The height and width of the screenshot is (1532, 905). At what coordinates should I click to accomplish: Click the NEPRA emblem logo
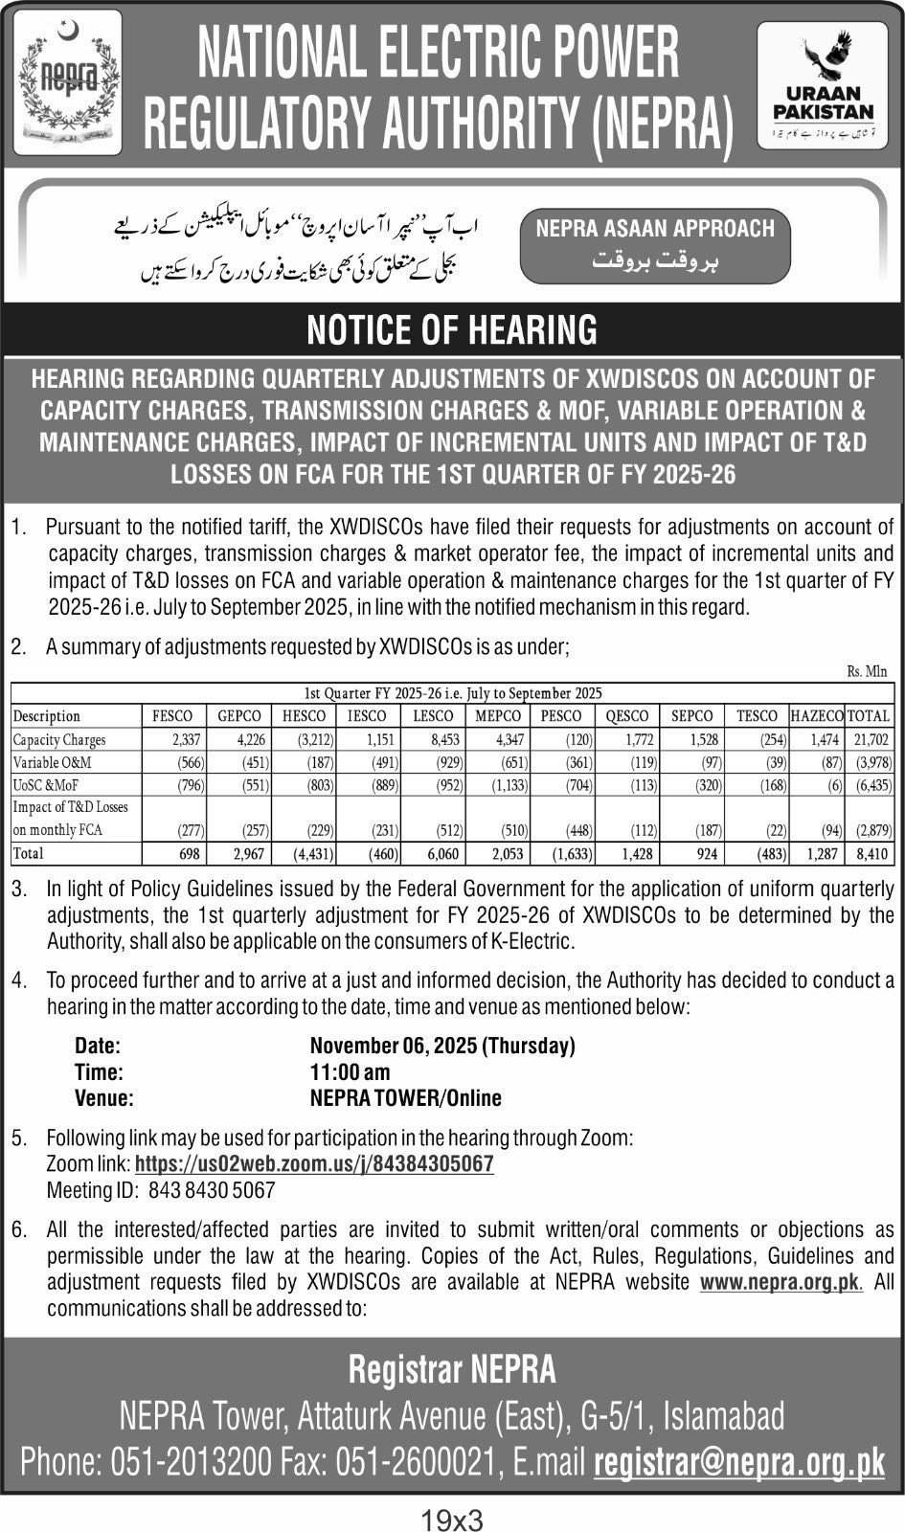coord(68,82)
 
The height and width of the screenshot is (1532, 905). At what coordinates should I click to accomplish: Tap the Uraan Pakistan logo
coord(823,85)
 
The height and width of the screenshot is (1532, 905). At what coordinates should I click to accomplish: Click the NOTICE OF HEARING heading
coord(452,330)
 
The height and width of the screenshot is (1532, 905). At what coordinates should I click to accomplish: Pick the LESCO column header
coord(433,716)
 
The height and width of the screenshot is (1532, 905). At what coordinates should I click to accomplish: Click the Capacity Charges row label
coord(59,740)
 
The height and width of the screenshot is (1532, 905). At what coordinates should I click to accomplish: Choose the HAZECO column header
coord(816,716)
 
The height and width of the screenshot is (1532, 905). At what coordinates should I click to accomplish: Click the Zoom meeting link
coord(314,1164)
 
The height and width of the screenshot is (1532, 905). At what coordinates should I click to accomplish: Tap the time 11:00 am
coord(350,1072)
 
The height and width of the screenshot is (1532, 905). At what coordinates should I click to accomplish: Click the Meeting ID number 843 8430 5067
coord(212,1191)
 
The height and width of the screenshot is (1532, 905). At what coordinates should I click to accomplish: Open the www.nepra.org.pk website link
coord(781,1283)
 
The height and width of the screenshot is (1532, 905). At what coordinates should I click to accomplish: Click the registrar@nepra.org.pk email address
coord(739,1463)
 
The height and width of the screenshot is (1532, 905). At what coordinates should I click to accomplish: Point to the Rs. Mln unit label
coord(867,672)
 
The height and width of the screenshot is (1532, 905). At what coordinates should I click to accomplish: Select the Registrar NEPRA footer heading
coord(452,1370)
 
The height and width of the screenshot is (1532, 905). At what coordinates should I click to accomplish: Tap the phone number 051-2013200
coord(192,1463)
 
